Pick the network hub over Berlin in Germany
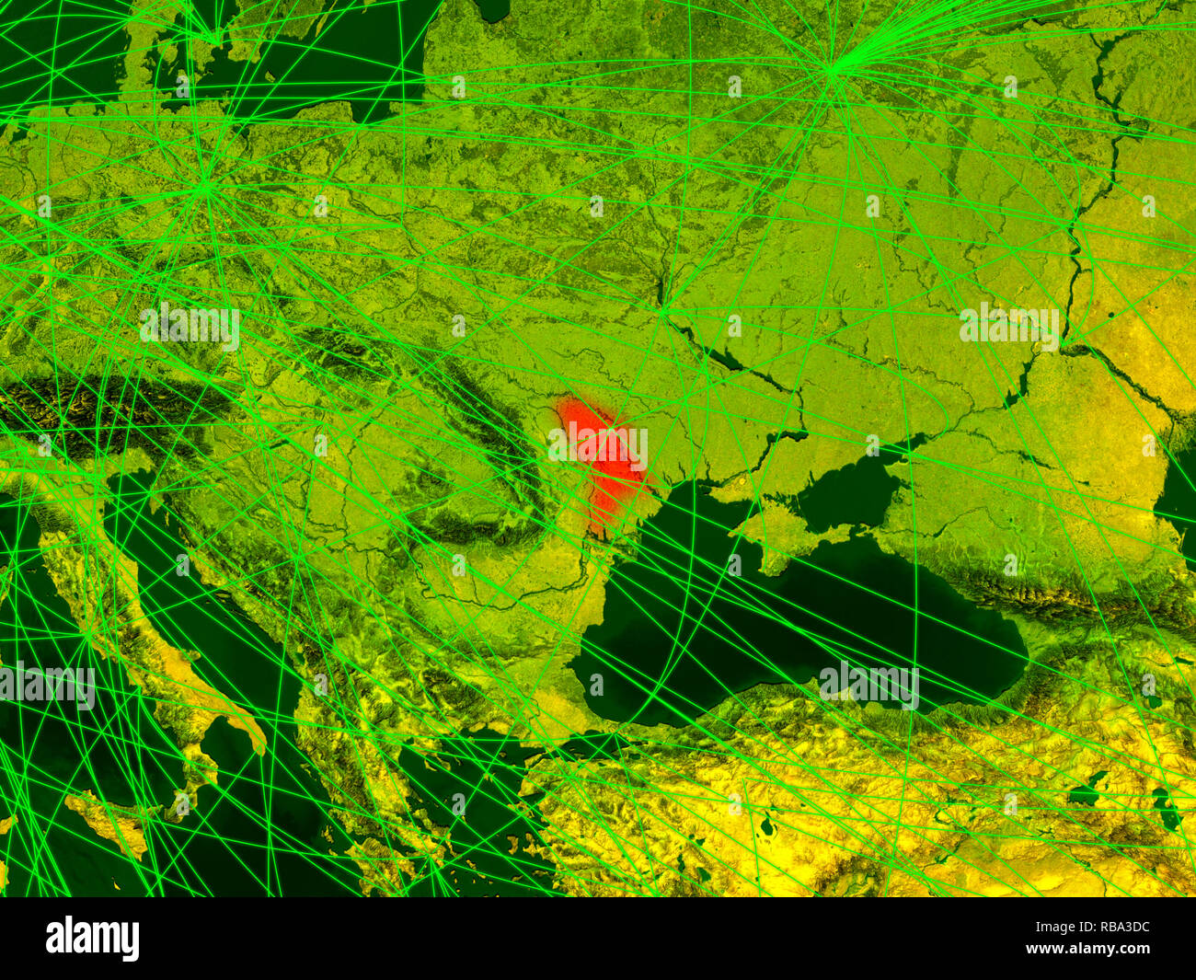208,189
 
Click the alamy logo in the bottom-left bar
92,939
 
